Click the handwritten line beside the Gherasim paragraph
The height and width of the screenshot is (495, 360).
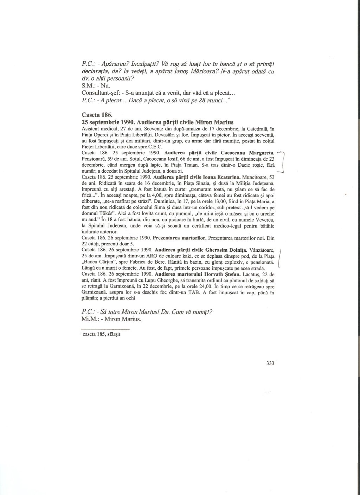coord(280,258)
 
